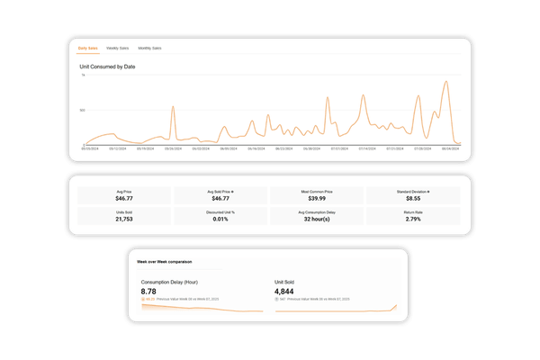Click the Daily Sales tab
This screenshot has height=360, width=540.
click(88, 48)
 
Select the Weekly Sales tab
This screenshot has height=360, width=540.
click(117, 48)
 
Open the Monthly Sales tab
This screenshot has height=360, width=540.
click(150, 48)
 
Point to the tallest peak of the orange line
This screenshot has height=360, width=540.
click(446, 82)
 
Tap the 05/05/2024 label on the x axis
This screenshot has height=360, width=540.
click(89, 149)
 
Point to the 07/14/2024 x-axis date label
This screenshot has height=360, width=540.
click(366, 149)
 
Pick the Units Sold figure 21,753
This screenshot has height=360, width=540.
click(124, 219)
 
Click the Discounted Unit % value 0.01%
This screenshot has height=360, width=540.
click(220, 219)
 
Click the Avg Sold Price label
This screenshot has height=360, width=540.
click(220, 190)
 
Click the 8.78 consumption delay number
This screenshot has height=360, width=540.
click(150, 292)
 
